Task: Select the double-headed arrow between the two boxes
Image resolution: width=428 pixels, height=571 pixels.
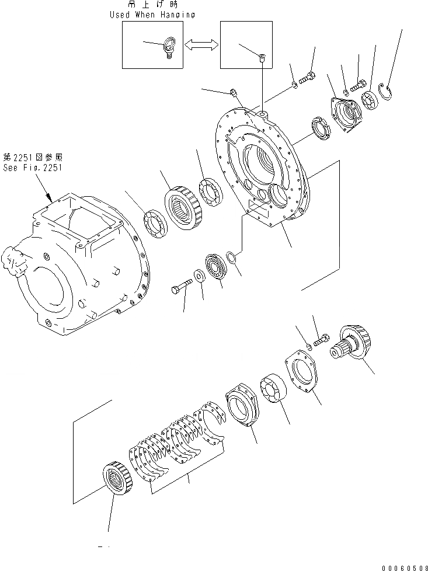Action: (201, 44)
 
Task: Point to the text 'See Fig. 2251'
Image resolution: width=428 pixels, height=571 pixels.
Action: (32, 167)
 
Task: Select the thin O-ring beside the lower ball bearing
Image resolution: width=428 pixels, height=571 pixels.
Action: (232, 256)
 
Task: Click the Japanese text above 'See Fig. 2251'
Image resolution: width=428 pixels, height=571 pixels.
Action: (32, 157)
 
